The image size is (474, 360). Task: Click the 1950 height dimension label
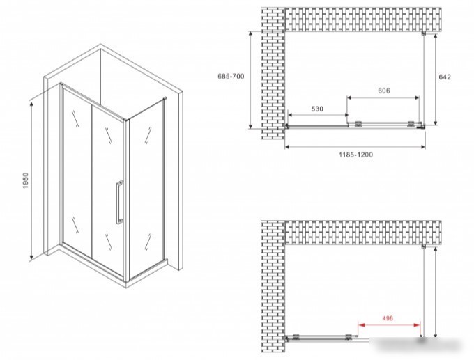pos(25,181)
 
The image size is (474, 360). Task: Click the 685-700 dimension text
pos(231,76)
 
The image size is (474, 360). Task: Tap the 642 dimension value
pos(445,77)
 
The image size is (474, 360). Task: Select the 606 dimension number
pos(383,91)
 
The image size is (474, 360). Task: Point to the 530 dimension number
pos(317,109)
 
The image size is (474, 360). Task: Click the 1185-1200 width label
pos(355,155)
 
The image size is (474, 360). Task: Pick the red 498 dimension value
pos(388,318)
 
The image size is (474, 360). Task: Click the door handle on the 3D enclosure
pos(120,202)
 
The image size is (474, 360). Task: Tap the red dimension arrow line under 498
pos(389,325)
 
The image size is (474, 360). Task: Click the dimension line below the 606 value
pos(383,97)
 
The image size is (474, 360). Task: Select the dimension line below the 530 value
pos(318,115)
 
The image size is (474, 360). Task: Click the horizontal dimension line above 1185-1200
pos(355,147)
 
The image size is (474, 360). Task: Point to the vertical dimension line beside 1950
pos(31,180)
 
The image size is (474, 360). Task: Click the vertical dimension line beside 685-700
pos(251,80)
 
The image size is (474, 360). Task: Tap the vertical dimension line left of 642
pos(435,79)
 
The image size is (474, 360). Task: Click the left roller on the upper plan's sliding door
pos(358,124)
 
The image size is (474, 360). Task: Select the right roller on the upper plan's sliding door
pos(411,123)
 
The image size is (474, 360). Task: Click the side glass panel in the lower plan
pos(424,292)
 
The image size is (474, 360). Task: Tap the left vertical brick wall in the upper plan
pos(273,73)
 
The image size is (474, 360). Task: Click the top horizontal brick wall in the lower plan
pos(363,233)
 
